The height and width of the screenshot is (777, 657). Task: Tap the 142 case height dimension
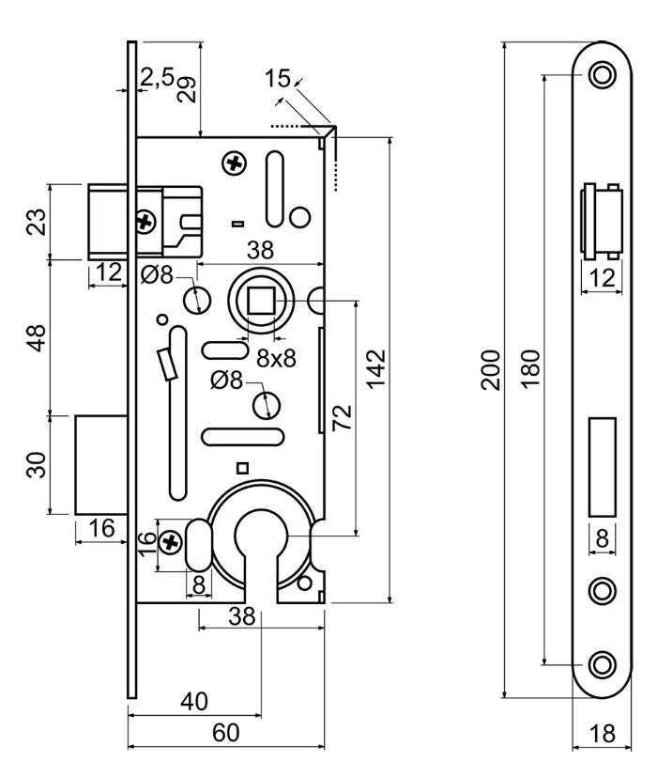376,363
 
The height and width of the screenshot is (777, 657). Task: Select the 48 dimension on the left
35,338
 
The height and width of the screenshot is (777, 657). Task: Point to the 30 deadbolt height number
35,464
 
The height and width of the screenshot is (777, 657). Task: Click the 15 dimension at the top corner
278,79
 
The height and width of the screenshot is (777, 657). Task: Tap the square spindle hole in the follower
260,303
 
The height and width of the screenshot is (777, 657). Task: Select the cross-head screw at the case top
233,164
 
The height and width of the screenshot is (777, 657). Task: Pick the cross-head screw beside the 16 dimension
171,542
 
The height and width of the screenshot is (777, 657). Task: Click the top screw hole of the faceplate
601,74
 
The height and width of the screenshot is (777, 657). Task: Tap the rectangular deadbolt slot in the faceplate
601,467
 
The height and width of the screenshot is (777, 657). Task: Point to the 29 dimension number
188,89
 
